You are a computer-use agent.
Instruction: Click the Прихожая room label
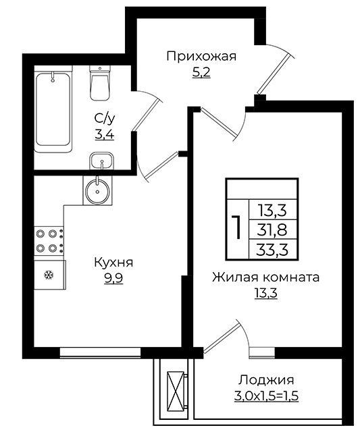(201, 57)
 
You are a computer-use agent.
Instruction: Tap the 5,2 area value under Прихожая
(201, 72)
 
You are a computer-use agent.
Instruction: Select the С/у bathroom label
(105, 119)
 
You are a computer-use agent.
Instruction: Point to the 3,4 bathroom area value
(105, 135)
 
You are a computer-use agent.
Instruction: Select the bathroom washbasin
(102, 161)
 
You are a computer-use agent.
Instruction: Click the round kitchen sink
(97, 190)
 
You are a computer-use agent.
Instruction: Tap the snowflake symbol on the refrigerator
(49, 275)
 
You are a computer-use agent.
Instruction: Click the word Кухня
(113, 263)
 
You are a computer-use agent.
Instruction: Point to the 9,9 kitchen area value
(113, 279)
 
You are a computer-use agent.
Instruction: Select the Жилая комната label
(265, 277)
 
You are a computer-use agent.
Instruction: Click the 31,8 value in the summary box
(273, 230)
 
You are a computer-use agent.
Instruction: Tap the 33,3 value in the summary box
(273, 250)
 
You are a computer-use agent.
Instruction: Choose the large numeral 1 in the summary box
(237, 227)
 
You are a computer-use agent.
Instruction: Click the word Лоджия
(266, 380)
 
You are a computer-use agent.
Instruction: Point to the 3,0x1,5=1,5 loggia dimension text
(267, 396)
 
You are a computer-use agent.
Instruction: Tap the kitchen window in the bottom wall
(101, 352)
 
